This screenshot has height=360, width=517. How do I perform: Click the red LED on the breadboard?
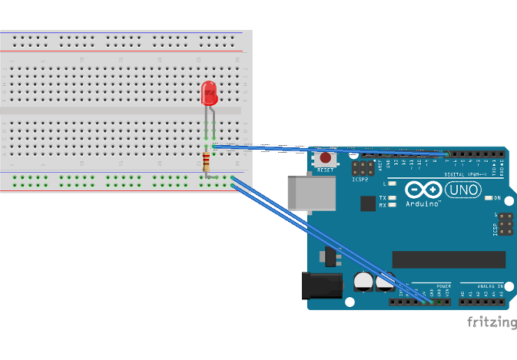coord(208,94)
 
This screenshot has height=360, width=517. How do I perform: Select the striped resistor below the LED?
coord(206,162)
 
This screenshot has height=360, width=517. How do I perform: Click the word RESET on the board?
coord(326,169)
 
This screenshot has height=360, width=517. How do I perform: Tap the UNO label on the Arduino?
coord(465,189)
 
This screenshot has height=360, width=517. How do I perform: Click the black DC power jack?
coord(321,286)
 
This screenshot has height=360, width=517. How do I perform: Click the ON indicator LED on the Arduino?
coord(489,198)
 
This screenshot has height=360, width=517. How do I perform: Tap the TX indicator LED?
coord(393,199)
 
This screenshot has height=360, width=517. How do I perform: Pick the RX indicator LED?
coord(393,206)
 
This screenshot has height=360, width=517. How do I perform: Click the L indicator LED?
coord(393,184)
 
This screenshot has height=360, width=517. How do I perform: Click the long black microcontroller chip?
coord(449,259)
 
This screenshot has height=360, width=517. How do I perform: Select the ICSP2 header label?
coord(361,180)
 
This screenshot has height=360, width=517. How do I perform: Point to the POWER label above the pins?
coord(437,286)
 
